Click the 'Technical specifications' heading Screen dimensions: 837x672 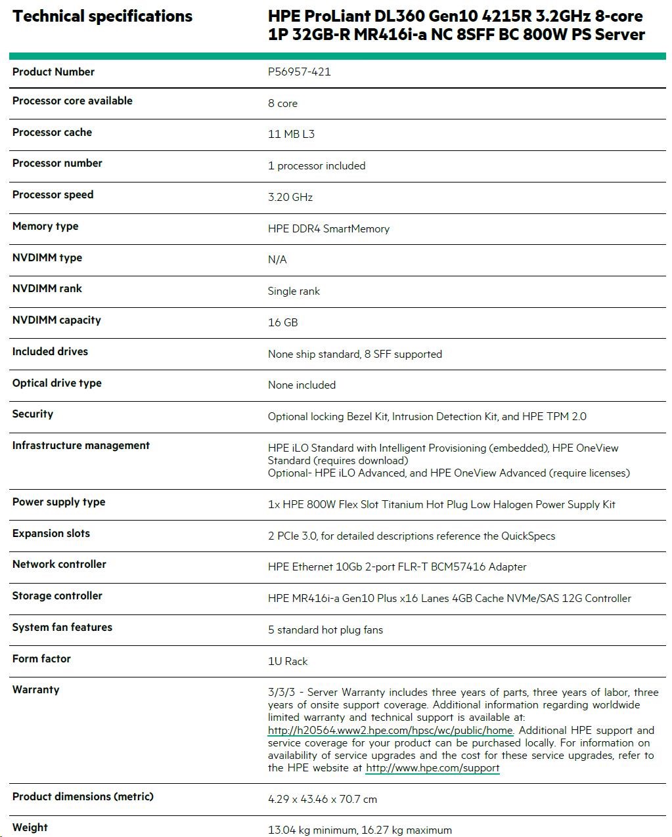pos(102,16)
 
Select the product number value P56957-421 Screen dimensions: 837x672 pos(299,72)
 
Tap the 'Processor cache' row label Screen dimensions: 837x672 pos(52,133)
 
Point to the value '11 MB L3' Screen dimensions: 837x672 pos(291,135)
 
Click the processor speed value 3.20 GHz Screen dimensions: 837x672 pos(290,197)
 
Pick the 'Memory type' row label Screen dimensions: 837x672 pos(45,226)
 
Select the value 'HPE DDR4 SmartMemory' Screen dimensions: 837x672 pos(328,229)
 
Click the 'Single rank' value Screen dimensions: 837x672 pos(294,291)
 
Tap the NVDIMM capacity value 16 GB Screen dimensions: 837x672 pos(282,323)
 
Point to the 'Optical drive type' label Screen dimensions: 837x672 pos(57,383)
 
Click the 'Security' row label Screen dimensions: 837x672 pos(33,414)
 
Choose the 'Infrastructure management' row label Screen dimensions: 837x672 pos(81,446)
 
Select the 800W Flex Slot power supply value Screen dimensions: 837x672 pos(441,505)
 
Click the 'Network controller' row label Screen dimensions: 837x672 pos(59,565)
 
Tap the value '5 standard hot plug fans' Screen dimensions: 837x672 pos(325,630)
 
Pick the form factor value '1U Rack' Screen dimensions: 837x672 pos(288,662)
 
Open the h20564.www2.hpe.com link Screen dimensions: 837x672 pos(390,731)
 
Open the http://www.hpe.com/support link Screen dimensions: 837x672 pos(432,768)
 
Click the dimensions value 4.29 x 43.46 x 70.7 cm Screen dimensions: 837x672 pos(323,800)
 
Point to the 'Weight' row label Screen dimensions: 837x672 pos(30,828)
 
